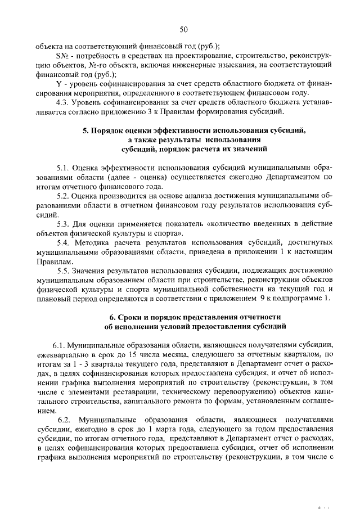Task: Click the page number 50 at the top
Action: (x=183, y=30)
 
